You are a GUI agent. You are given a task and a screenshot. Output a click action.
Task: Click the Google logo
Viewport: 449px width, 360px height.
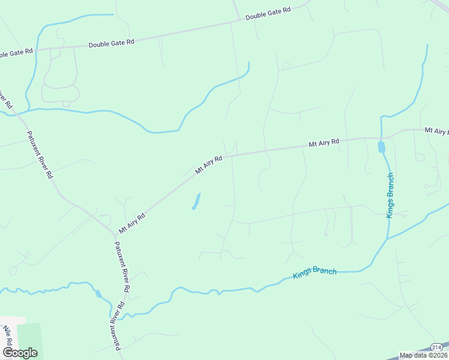pyautogui.click(x=20, y=353)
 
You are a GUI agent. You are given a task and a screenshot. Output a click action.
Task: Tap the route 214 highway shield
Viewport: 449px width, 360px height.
pyautogui.click(x=438, y=347)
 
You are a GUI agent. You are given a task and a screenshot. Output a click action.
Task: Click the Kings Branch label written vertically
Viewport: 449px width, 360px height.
pyautogui.click(x=390, y=195)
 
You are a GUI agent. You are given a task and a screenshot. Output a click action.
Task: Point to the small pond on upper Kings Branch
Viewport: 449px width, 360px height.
pyautogui.click(x=381, y=146)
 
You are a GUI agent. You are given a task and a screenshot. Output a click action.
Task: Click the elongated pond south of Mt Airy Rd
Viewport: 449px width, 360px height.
pyautogui.click(x=196, y=201)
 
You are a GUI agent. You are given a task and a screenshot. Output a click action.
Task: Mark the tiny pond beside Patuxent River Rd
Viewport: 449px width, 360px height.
pyautogui.click(x=98, y=293)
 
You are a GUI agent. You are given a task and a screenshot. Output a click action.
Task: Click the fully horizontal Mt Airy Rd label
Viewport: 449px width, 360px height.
pyautogui.click(x=324, y=143)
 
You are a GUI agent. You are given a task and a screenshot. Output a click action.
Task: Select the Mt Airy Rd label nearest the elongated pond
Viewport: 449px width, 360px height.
pyautogui.click(x=209, y=165)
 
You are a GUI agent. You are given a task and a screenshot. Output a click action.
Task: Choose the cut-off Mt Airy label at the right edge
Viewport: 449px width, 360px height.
pyautogui.click(x=436, y=130)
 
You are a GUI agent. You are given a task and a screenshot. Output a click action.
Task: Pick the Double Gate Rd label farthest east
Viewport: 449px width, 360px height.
pyautogui.click(x=268, y=14)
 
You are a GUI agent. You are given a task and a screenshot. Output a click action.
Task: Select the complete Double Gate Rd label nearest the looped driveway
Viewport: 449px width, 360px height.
pyautogui.click(x=111, y=44)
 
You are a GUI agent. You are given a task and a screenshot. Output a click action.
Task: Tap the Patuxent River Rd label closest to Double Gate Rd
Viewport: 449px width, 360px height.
pyautogui.click(x=41, y=155)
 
